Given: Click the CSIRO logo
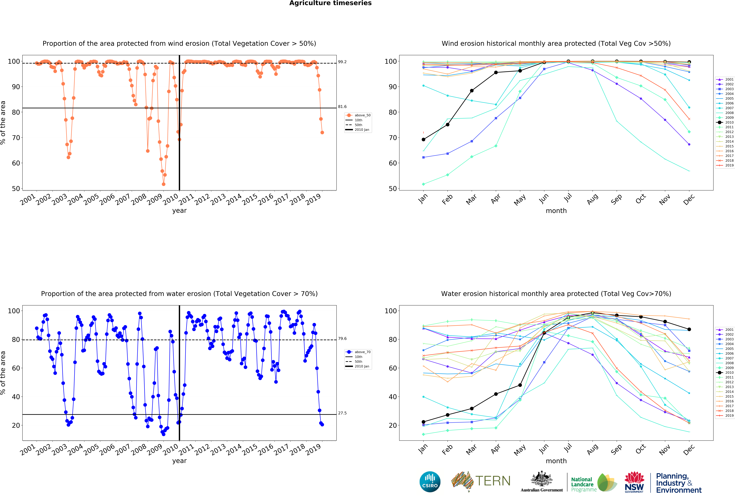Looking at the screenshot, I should tap(430, 482).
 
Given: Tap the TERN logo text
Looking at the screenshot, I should tap(493, 481).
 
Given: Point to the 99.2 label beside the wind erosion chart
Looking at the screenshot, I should tap(342, 62).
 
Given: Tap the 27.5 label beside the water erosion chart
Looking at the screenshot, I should tap(342, 413).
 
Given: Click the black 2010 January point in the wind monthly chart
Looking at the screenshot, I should tap(423, 139).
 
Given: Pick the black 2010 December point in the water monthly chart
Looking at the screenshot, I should tap(689, 329).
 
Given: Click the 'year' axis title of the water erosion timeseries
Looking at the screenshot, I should tap(179, 461).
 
